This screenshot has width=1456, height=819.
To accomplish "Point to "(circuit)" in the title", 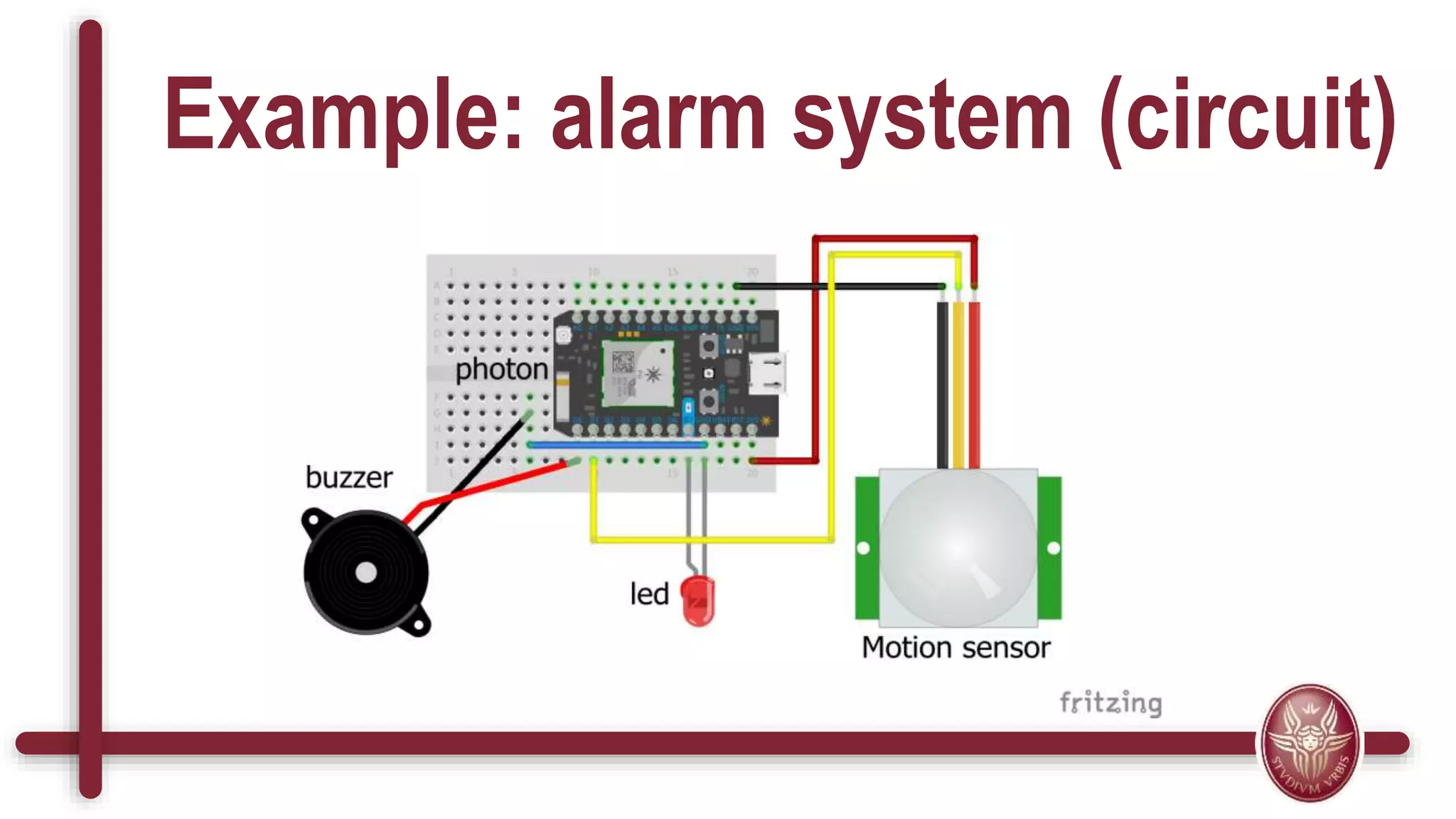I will [1248, 117].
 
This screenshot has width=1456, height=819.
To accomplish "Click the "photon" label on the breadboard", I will [501, 370].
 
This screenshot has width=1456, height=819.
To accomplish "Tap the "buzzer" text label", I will [348, 478].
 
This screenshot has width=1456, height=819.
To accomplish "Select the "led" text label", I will [649, 594].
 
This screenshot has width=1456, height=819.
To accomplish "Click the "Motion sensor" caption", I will [955, 648].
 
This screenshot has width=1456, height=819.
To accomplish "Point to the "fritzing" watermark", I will [1110, 702].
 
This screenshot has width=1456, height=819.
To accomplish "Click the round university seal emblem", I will [1310, 743].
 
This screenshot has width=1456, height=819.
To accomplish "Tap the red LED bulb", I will [698, 601].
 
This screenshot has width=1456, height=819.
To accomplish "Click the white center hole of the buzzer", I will [366, 573].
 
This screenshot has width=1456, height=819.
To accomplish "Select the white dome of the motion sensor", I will [958, 547].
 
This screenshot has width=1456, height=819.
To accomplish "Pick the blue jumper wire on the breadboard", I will [617, 445].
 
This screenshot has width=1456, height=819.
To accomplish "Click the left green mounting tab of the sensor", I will [867, 547].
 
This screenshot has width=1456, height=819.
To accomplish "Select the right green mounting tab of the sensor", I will [1050, 547].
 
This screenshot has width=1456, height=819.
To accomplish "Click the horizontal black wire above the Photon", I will [839, 286].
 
